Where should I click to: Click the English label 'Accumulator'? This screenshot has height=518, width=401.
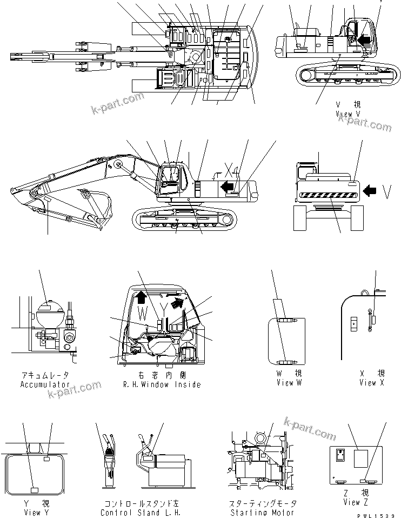point(45,384)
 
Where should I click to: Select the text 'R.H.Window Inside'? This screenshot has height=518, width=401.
point(162,384)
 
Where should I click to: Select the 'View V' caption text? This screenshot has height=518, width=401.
point(347,114)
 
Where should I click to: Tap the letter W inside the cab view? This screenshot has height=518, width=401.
point(141,312)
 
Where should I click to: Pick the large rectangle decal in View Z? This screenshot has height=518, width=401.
point(360,459)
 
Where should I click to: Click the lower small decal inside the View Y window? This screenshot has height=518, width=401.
point(34,490)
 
